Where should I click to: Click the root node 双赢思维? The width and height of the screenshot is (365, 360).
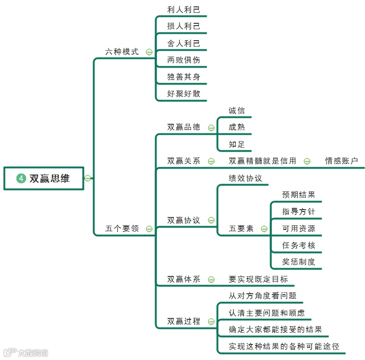(x=49, y=179)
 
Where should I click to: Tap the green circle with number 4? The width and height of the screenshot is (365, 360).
(x=21, y=179)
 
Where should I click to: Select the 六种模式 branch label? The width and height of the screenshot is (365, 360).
(x=122, y=52)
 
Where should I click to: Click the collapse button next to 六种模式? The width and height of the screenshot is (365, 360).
(x=149, y=52)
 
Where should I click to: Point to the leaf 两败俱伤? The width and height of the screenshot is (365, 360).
(x=183, y=60)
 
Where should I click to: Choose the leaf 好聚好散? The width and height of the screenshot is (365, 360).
(x=183, y=94)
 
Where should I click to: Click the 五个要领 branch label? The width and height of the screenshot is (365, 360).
(x=122, y=228)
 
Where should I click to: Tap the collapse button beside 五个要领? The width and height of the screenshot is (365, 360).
(x=149, y=229)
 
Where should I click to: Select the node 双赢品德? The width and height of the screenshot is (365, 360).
(x=183, y=127)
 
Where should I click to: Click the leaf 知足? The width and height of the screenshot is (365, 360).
(x=237, y=144)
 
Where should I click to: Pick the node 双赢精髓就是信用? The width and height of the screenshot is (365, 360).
(x=262, y=161)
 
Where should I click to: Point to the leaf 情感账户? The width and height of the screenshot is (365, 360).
(x=341, y=161)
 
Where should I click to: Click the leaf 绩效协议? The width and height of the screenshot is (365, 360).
(x=245, y=178)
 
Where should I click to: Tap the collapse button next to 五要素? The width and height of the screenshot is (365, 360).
(x=264, y=229)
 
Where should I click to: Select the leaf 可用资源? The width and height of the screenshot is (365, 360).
(x=298, y=228)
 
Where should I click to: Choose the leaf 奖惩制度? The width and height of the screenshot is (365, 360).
(x=298, y=262)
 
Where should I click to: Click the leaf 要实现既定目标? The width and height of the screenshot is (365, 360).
(x=258, y=279)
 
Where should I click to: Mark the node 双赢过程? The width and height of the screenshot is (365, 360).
(x=183, y=321)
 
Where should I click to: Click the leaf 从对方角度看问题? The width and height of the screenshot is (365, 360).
(x=262, y=296)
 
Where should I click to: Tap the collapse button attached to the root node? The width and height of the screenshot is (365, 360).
(x=88, y=178)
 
